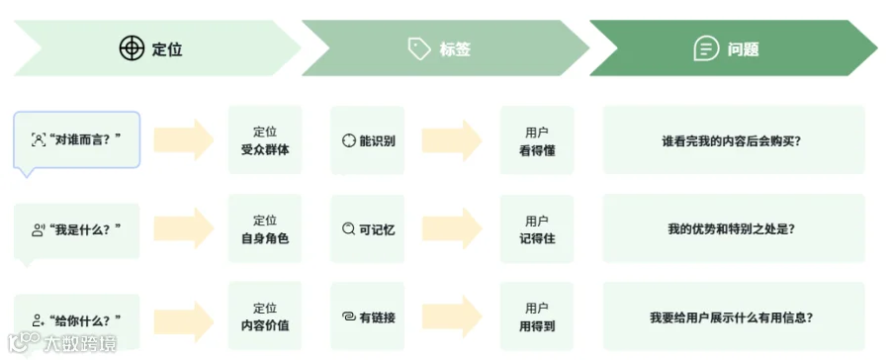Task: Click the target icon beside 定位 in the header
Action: tap(132, 48)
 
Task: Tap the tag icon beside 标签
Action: tap(419, 48)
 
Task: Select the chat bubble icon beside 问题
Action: tap(707, 48)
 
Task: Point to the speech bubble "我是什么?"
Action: tap(76, 231)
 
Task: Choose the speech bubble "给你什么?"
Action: tap(76, 319)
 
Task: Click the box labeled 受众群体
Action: tap(265, 140)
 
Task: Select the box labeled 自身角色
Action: tap(265, 228)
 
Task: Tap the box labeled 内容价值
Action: tap(265, 316)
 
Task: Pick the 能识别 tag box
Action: tap(368, 140)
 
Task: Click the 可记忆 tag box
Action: tap(368, 228)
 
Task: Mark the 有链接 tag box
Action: tap(368, 316)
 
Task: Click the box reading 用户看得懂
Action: tap(537, 140)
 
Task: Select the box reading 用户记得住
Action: tap(537, 228)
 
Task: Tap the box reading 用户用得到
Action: tap(537, 316)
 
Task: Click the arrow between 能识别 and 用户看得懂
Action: tap(452, 140)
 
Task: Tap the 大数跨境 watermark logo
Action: tap(62, 343)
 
